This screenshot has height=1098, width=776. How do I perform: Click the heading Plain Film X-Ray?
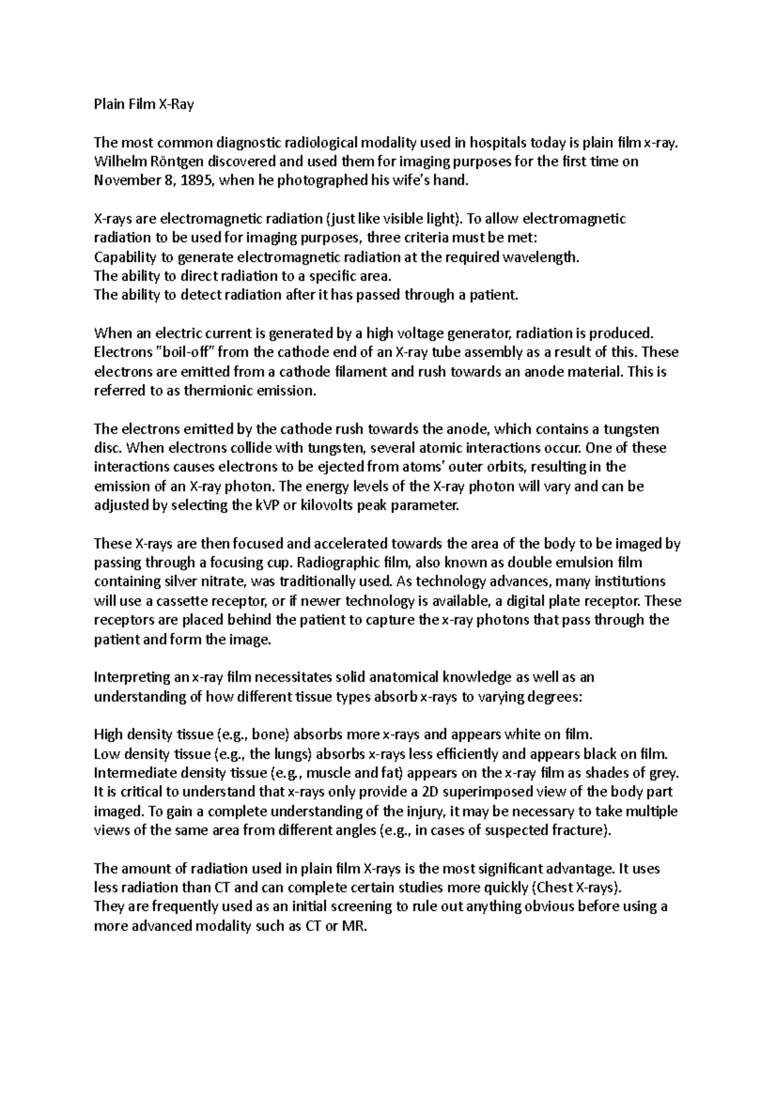tap(144, 104)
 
